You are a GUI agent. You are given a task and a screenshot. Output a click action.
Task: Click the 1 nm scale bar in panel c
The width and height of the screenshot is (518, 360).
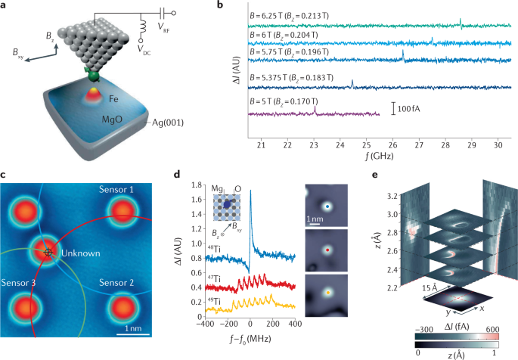(x=132, y=331)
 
